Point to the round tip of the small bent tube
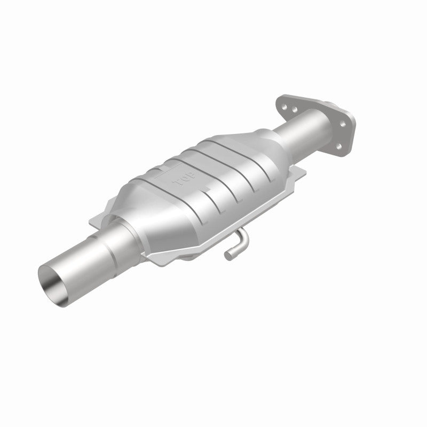point(228,256)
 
